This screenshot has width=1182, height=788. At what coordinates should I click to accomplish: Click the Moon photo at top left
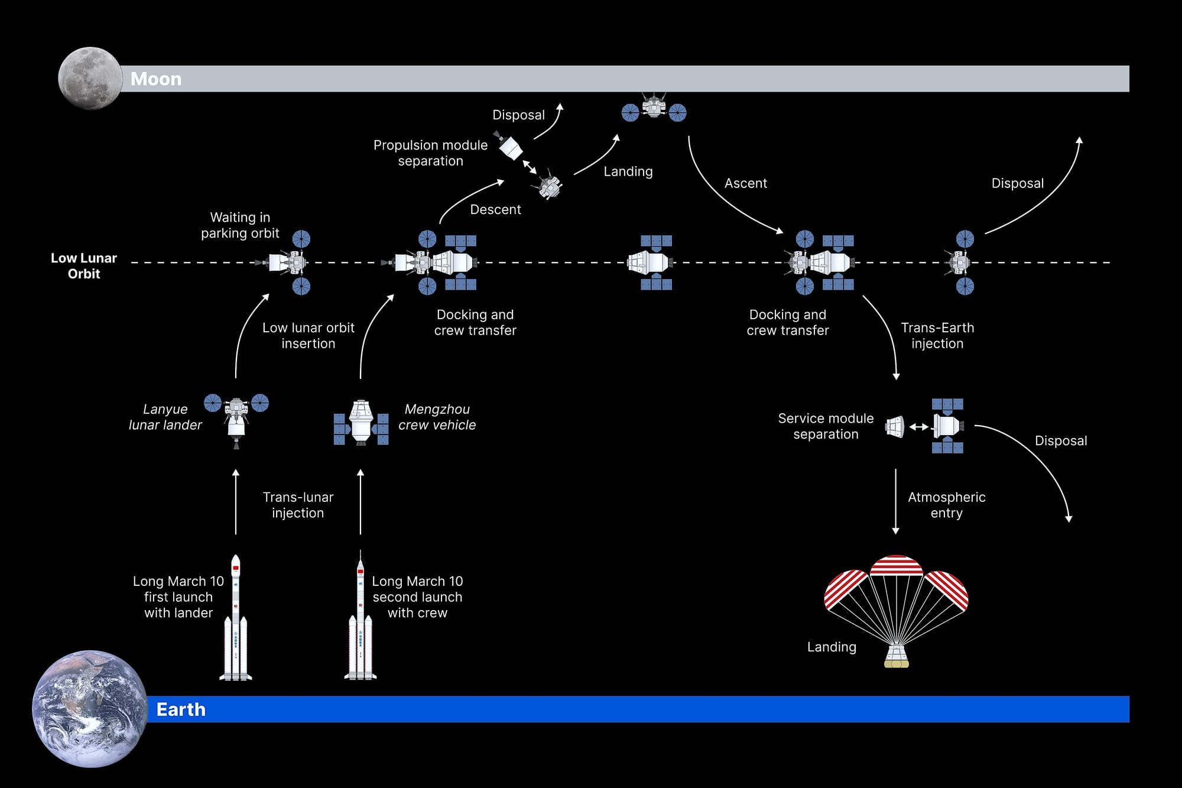pyautogui.click(x=90, y=79)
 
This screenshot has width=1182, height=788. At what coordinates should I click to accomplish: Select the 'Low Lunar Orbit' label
pyautogui.click(x=84, y=266)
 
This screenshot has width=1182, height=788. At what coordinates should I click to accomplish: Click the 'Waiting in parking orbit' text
pyautogui.click(x=240, y=225)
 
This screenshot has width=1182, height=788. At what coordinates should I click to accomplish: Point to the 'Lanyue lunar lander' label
pyautogui.click(x=165, y=417)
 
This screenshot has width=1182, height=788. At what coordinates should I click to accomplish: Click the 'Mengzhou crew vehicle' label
pyautogui.click(x=437, y=417)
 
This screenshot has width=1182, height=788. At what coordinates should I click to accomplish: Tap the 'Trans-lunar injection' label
pyautogui.click(x=298, y=505)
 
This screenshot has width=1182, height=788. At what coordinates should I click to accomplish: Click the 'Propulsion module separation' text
pyautogui.click(x=430, y=153)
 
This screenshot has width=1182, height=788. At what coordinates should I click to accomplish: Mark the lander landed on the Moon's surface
pyautogui.click(x=654, y=109)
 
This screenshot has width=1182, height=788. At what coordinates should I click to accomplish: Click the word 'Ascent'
pyautogui.click(x=745, y=183)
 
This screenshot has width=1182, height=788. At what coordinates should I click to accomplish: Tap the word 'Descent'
pyautogui.click(x=495, y=209)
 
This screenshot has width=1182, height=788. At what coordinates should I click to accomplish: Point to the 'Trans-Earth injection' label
pyautogui.click(x=937, y=335)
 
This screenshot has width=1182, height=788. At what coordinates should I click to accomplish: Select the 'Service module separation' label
pyautogui.click(x=826, y=426)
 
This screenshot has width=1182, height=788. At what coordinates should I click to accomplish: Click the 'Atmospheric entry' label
pyautogui.click(x=946, y=505)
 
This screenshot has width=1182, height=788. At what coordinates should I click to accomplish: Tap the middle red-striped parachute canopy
pyautogui.click(x=896, y=566)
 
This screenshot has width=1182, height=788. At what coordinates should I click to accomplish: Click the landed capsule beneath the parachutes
pyautogui.click(x=896, y=656)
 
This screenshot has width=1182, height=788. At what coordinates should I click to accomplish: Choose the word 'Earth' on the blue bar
pyautogui.click(x=181, y=709)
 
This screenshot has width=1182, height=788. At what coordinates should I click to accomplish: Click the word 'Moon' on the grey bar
pyautogui.click(x=156, y=79)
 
